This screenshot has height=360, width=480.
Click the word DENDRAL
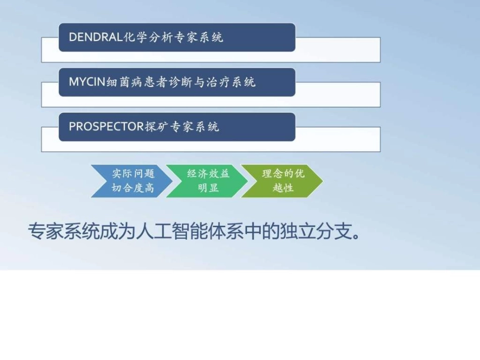[96, 37]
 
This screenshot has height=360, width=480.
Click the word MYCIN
[87, 82]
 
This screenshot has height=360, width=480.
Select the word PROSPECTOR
[106, 127]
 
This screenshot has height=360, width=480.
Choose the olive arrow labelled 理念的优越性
[282, 181]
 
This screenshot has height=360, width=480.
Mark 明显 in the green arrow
[208, 188]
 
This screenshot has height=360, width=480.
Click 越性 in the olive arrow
[283, 188]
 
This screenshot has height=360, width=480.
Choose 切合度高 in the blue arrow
[133, 188]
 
